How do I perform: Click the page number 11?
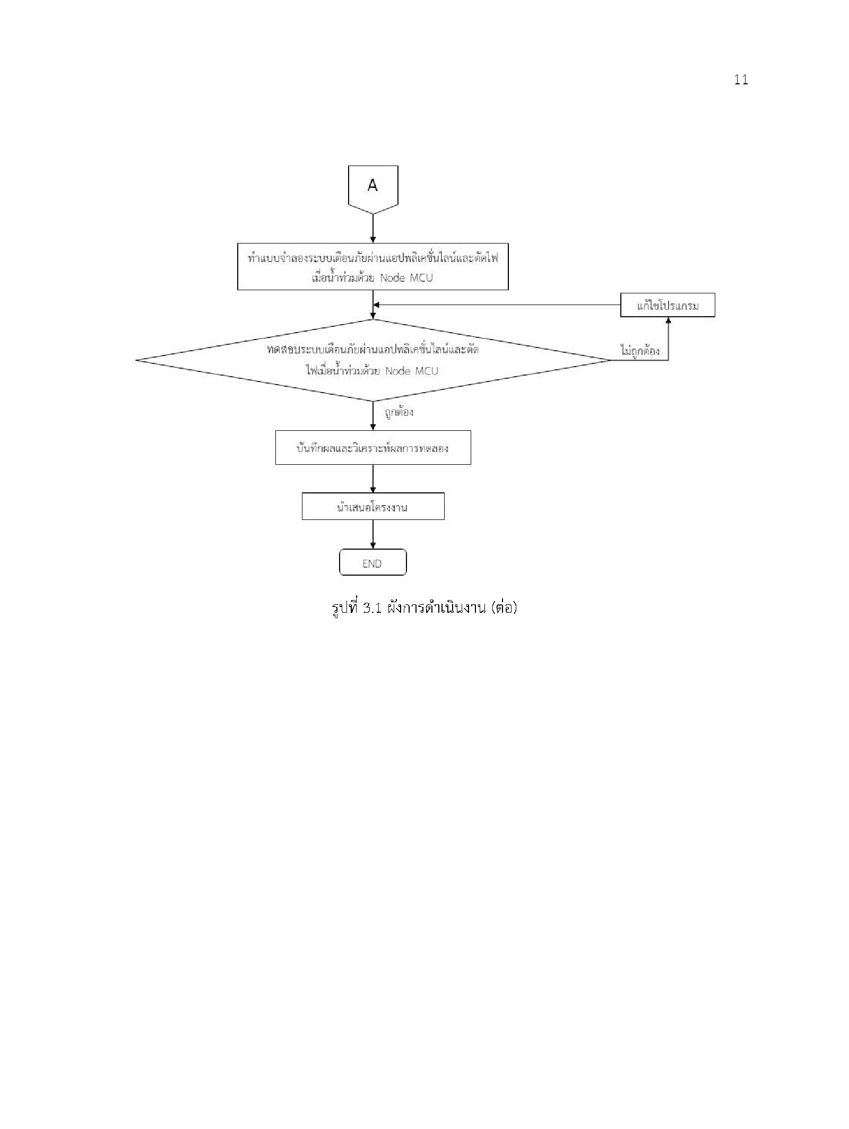click(741, 80)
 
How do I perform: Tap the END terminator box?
click(373, 562)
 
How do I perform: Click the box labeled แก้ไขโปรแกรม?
click(668, 305)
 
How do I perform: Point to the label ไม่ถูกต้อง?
click(639, 351)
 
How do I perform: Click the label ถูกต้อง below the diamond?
click(398, 412)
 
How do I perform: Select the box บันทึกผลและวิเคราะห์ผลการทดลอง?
click(373, 447)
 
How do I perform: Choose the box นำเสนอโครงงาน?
click(373, 506)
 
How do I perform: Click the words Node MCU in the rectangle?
click(406, 277)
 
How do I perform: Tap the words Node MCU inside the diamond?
click(412, 371)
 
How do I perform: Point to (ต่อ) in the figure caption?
click(504, 607)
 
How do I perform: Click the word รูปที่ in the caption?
click(345, 607)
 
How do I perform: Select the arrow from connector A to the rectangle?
click(373, 229)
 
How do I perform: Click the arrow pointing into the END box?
click(373, 534)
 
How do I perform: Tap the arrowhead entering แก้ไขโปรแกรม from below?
click(668, 320)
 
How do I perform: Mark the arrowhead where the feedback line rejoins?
click(377, 305)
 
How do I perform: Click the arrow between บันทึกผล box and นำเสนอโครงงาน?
click(373, 479)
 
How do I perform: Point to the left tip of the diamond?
click(136, 360)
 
